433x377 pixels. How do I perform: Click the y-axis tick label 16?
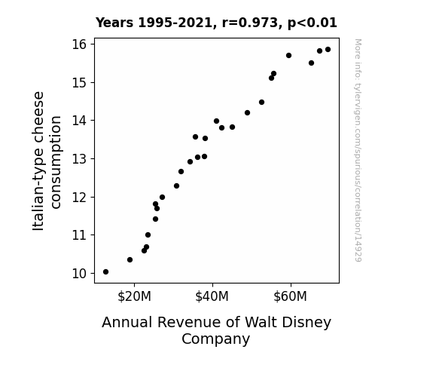[79, 44]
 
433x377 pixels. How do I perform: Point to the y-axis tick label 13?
[79, 159]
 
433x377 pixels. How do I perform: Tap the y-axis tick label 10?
[79, 274]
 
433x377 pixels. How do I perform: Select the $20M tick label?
[134, 296]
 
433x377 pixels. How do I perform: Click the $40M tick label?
[212, 296]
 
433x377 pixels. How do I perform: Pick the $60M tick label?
[290, 296]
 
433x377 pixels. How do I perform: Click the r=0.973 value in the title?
[250, 23]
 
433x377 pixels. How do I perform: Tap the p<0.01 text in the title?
[313, 23]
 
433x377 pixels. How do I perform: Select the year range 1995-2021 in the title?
[175, 23]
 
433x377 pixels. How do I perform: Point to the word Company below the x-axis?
[215, 339]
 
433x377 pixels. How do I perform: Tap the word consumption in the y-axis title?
[55, 162]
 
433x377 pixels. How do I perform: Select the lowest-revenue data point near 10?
[105, 272]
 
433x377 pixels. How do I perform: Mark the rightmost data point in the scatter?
[328, 50]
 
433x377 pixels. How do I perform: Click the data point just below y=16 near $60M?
[289, 56]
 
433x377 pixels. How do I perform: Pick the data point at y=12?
[163, 198]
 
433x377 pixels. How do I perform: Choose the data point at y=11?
[148, 234]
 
